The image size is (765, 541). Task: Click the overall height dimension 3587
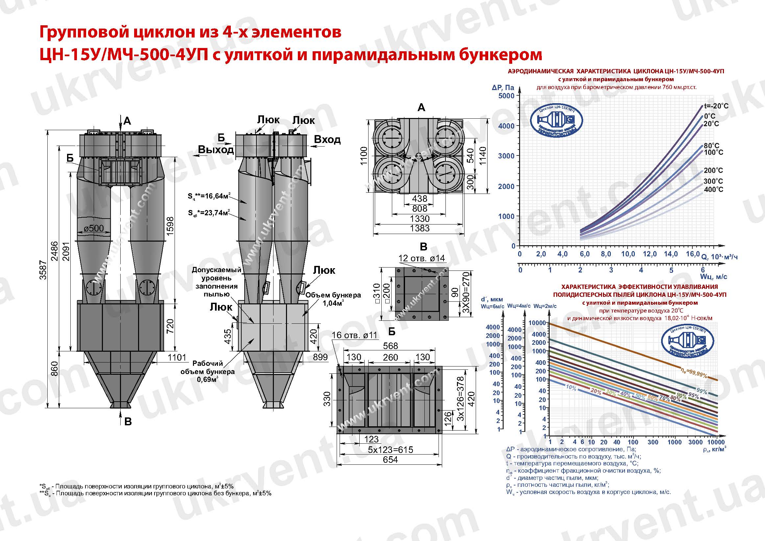click(43, 270)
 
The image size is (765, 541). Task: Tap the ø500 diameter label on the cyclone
click(94, 228)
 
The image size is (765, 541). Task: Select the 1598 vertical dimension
click(170, 226)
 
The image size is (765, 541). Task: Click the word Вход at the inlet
click(327, 139)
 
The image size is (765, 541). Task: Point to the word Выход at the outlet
click(216, 150)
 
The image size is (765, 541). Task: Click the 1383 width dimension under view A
click(419, 228)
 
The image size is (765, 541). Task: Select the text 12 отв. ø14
click(421, 258)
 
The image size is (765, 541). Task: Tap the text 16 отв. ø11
click(354, 335)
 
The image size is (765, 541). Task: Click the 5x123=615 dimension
click(390, 450)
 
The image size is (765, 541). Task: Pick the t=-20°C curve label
click(716, 106)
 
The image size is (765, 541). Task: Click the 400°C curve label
click(713, 190)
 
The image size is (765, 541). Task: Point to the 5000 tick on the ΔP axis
click(506, 96)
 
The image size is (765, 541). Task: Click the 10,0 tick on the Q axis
click(628, 254)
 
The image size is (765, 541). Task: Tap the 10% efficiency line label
click(571, 388)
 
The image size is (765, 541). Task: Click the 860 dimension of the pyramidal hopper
click(55, 369)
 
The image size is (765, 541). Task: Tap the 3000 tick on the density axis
click(695, 442)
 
